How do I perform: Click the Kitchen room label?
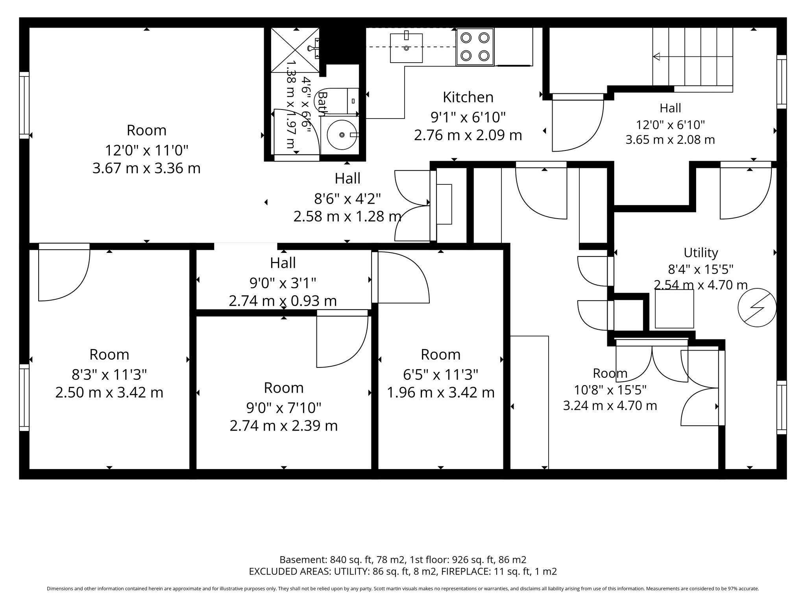[468, 97]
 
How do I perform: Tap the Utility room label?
[701, 252]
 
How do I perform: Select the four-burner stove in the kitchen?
[475, 47]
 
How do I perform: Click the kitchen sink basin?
[406, 48]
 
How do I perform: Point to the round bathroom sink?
[342, 135]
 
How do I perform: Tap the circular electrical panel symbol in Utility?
[757, 308]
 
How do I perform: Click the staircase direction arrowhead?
[656, 57]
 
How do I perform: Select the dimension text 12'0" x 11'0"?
[146, 150]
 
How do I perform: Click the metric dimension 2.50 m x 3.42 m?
[109, 393]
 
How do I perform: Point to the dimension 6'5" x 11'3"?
[440, 374]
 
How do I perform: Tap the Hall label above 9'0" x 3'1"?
[283, 263]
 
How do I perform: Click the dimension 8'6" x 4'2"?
[347, 199]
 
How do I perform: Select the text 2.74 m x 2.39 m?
[283, 426]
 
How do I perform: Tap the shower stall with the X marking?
[295, 50]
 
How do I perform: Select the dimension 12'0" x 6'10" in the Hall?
[670, 125]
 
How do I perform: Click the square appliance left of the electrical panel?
[674, 309]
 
